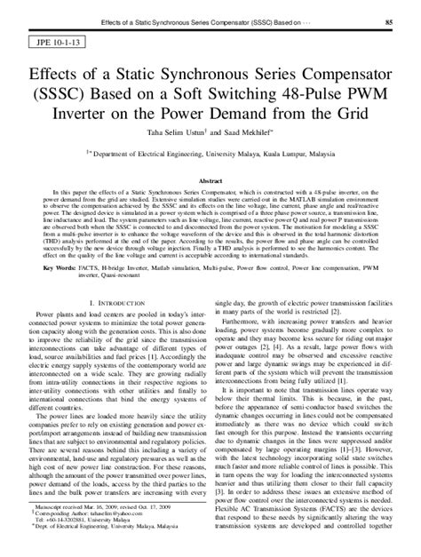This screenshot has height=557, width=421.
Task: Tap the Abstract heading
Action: tap(210, 179)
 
